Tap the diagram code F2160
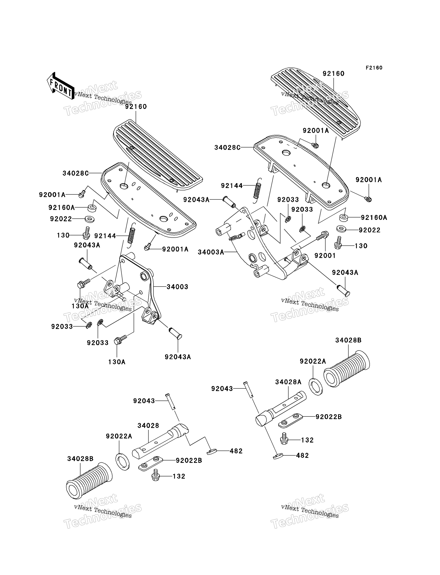click(x=374, y=68)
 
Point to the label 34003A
click(x=211, y=252)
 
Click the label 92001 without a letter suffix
click(x=325, y=256)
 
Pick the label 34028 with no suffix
click(x=148, y=426)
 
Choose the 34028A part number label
click(x=288, y=382)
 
